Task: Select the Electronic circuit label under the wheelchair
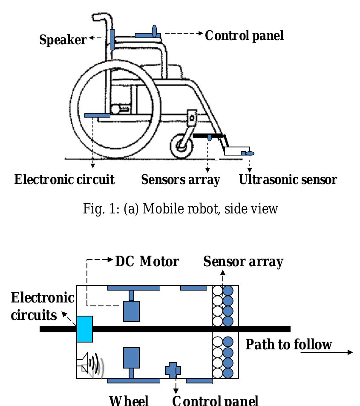tap(64, 179)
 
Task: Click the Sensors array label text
tap(181, 179)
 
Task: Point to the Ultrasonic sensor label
tap(288, 179)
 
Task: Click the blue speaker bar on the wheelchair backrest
tap(112, 39)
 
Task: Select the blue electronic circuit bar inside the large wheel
tap(97, 115)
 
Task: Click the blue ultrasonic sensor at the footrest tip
tap(251, 153)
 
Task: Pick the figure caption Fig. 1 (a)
tap(181, 208)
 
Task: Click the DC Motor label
tap(147, 261)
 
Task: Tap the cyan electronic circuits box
tap(84, 328)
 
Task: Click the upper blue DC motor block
tap(132, 311)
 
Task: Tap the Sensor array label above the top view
tap(243, 261)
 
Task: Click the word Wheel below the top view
tap(129, 400)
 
